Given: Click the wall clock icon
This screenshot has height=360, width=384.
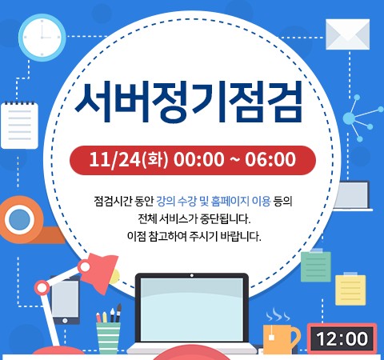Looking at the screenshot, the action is (x=42, y=38).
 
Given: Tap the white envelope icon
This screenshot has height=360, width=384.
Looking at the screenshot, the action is (x=348, y=34).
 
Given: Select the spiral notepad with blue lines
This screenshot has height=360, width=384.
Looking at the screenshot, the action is (x=19, y=125).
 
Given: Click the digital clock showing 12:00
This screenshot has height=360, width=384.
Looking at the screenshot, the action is (x=342, y=338).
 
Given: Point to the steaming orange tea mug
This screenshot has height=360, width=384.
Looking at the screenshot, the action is (x=281, y=338).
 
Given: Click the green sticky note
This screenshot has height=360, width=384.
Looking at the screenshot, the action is (x=316, y=266).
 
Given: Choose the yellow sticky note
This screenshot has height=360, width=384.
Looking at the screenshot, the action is (x=350, y=290).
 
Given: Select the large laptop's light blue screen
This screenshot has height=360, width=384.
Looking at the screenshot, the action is (x=192, y=310).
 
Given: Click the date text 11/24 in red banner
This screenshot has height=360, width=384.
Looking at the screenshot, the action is (x=114, y=160).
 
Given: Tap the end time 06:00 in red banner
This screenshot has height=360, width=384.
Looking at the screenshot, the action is (x=270, y=159).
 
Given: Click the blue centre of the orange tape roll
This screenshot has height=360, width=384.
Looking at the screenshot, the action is (x=19, y=219).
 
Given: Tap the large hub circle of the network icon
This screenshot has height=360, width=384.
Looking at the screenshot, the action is (x=349, y=118).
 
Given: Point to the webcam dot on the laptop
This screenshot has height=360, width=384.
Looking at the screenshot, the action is (x=192, y=275).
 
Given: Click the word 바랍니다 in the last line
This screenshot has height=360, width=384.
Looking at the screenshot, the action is (x=240, y=237).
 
